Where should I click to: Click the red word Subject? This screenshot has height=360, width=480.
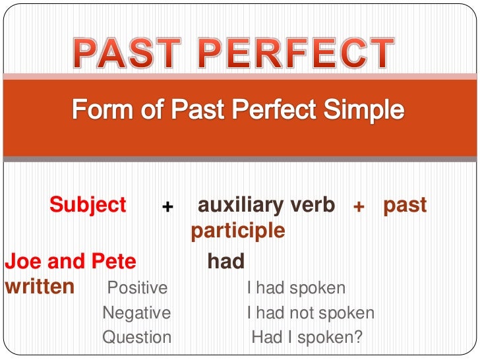pyautogui.click(x=88, y=205)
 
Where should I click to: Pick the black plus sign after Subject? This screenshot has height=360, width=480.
pyautogui.click(x=167, y=207)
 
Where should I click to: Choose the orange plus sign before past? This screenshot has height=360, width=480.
pyautogui.click(x=359, y=207)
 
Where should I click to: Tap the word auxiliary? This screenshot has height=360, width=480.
pyautogui.click(x=239, y=205)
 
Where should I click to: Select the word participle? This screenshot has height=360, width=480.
pyautogui.click(x=238, y=231)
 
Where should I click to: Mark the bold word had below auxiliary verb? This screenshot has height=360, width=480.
pyautogui.click(x=226, y=262)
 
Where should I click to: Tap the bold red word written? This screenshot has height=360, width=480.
pyautogui.click(x=40, y=287)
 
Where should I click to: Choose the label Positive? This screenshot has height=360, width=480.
pyautogui.click(x=137, y=288)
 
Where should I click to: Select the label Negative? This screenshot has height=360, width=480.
pyautogui.click(x=136, y=313)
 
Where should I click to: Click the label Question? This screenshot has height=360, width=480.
pyautogui.click(x=136, y=338)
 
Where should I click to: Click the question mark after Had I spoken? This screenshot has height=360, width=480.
pyautogui.click(x=359, y=338)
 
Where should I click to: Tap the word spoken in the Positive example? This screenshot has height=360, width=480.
pyautogui.click(x=319, y=288)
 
